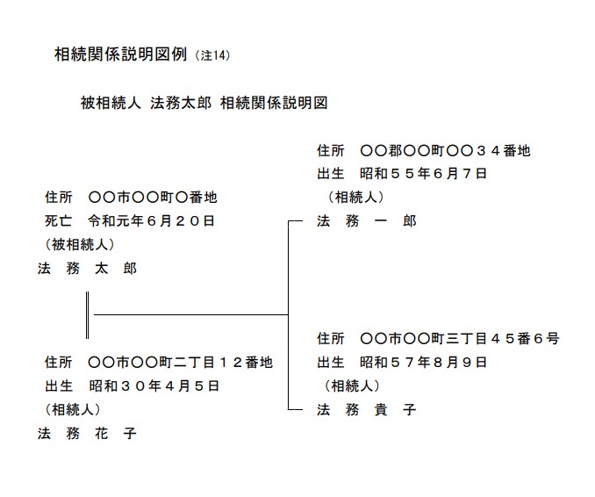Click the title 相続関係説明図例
coord(121,54)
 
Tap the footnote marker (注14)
coord(213,55)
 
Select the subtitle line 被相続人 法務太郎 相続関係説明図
coord(204,103)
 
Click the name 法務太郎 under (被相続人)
coord(87,269)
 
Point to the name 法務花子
coord(87,433)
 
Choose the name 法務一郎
coord(367,220)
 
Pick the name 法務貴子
coord(367,410)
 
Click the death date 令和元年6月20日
coord(152,221)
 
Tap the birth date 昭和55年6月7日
coord(423,174)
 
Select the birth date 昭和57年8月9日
coord(423,363)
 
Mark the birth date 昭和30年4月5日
coord(154,386)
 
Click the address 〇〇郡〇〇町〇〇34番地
coord(445,151)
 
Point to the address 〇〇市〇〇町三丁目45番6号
coord(459,338)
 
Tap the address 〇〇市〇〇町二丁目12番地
coord(180,363)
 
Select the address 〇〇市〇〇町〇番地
coord(153,198)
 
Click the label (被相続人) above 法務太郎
coord(80,244)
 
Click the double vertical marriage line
coord(87,315)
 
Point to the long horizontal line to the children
coord(190,314)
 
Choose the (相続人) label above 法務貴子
coord(352,385)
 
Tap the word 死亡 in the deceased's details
coord(59,221)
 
